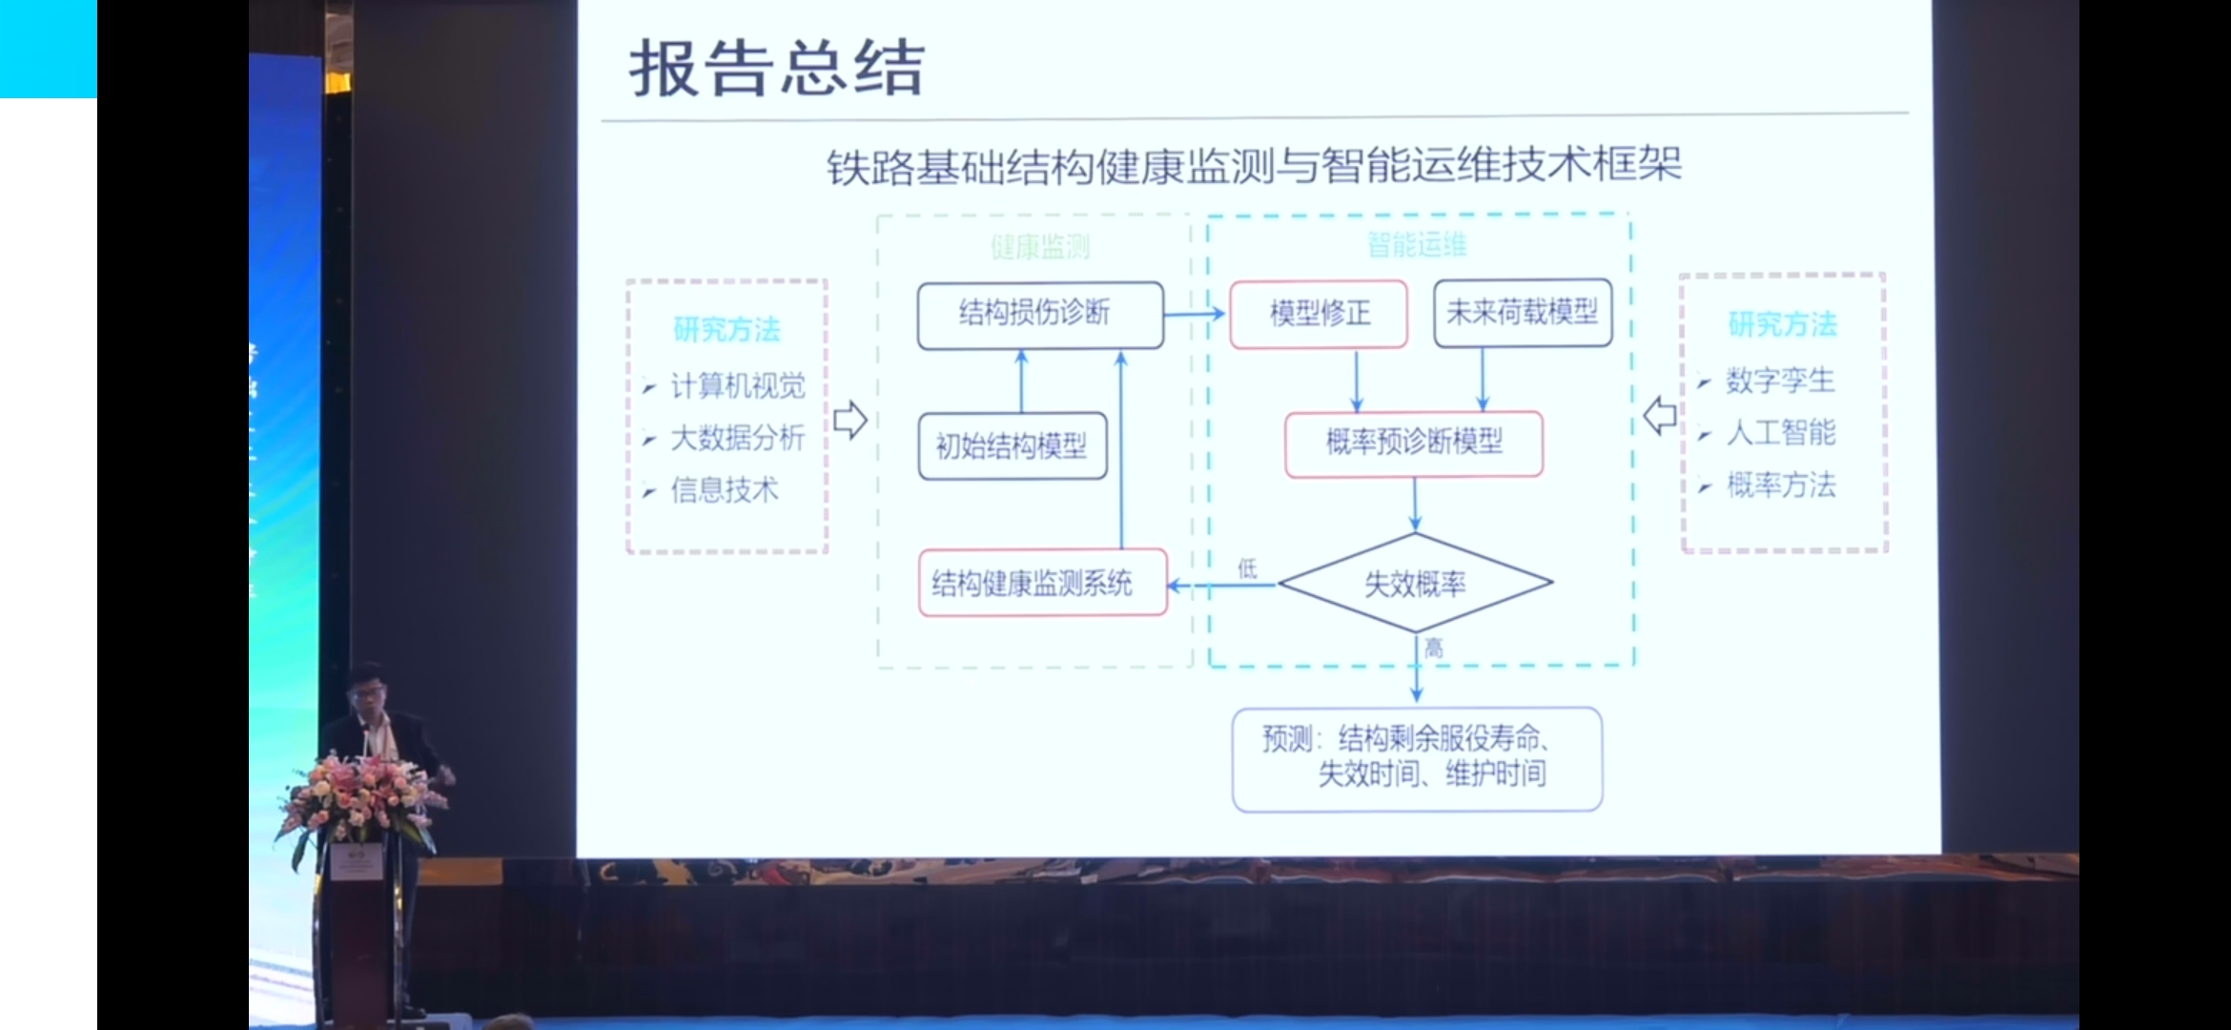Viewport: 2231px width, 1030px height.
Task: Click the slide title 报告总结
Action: [776, 69]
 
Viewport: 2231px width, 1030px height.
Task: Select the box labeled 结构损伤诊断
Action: [1039, 314]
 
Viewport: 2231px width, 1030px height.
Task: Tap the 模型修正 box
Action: [1319, 314]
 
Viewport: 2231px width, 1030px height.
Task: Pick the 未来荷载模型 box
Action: [1522, 313]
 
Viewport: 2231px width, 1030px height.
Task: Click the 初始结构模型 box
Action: [1012, 445]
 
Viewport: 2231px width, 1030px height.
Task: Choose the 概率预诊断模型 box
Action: [1414, 443]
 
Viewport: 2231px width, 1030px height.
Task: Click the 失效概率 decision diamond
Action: [1415, 583]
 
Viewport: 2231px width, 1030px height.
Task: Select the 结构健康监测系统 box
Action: [1041, 583]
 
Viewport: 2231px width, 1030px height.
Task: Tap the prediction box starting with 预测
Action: [1417, 758]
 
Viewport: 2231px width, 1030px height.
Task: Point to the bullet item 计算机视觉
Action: [737, 386]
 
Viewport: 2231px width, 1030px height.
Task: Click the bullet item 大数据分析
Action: [737, 438]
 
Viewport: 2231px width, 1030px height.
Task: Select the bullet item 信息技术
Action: [725, 490]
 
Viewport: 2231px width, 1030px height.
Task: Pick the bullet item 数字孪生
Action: [1779, 381]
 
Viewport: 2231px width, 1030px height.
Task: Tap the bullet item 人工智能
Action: [1780, 433]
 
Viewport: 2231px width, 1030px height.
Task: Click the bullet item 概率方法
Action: [1780, 485]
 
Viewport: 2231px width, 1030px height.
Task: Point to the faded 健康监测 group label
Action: [1039, 248]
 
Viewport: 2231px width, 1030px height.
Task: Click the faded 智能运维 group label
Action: [1416, 245]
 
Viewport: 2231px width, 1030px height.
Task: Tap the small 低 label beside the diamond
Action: [1247, 569]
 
